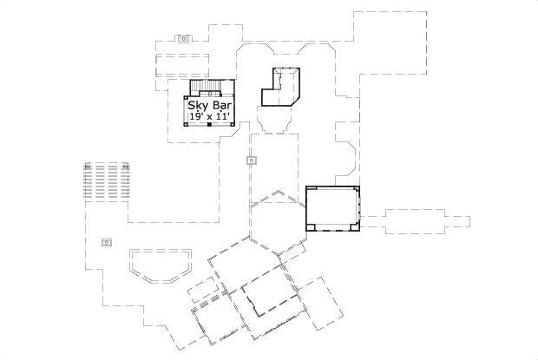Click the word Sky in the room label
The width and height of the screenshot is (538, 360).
click(198, 104)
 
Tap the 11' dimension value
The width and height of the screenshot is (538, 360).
click(225, 115)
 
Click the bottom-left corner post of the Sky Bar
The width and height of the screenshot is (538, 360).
click(185, 123)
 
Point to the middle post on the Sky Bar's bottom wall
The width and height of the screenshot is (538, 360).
click(209, 124)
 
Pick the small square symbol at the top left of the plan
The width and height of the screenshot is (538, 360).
click(183, 38)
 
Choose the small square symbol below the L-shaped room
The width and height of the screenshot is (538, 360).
click(251, 160)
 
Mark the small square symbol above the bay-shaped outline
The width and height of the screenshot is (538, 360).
click(107, 242)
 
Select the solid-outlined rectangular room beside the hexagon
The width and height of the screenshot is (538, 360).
click(333, 208)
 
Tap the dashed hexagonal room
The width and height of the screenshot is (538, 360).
click(278, 223)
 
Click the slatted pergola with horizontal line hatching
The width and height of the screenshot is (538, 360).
click(105, 182)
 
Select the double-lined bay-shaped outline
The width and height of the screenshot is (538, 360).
click(160, 264)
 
